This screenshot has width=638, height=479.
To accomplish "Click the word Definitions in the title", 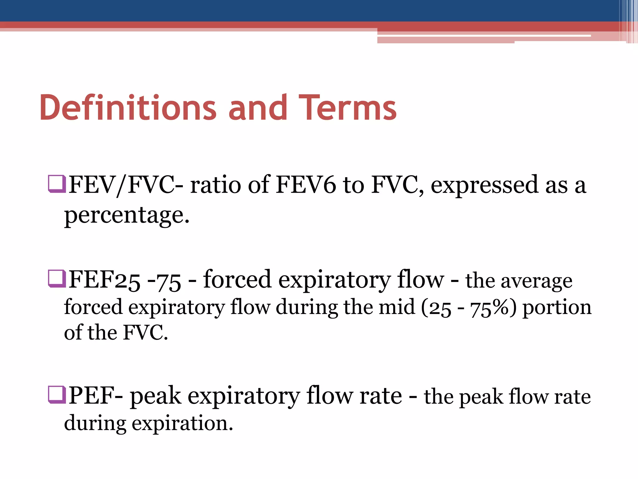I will click(x=128, y=108).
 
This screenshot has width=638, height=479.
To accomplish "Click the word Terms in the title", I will click(x=347, y=108).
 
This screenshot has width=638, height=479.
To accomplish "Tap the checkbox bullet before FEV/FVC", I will click(x=57, y=184).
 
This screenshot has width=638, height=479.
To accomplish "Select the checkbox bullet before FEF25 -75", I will click(x=57, y=278).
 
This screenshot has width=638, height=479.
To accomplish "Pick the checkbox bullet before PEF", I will click(x=57, y=395).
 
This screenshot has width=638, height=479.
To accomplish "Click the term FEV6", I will click(x=306, y=185).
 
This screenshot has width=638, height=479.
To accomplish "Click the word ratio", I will click(x=215, y=185).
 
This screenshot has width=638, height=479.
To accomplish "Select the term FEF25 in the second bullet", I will click(x=104, y=279).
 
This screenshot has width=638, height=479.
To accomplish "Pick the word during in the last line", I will click(x=95, y=423).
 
